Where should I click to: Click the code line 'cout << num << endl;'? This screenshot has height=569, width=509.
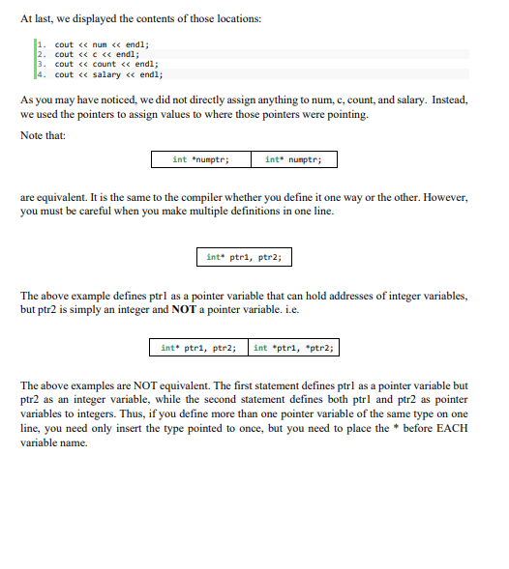[103, 44]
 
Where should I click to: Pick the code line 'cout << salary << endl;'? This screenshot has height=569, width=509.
[108, 73]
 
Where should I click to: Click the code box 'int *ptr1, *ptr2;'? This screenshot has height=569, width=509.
[294, 348]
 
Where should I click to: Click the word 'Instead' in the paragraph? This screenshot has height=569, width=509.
[446, 100]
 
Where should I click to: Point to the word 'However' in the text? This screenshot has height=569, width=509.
[443, 197]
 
